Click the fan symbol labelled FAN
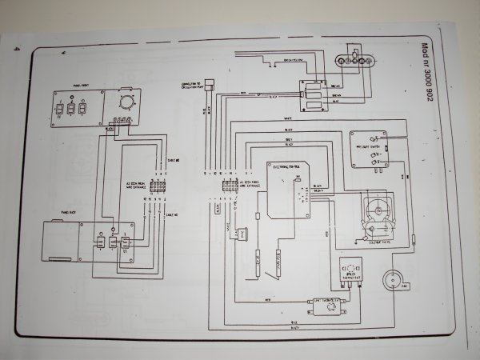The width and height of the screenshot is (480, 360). [393, 282]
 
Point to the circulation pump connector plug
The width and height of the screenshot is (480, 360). [209, 84]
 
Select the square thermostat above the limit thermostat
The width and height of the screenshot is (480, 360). [350, 270]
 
